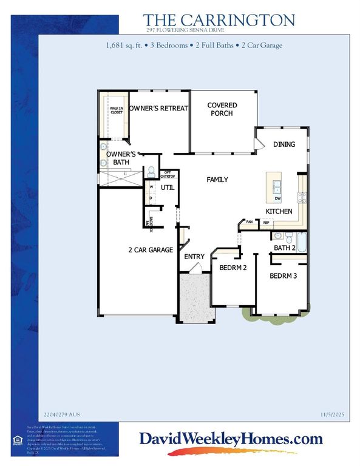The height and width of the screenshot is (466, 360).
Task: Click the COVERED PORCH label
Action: pos(222,109)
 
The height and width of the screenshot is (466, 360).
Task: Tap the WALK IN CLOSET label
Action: pos(116,110)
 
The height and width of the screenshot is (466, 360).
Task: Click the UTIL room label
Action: pos(167,187)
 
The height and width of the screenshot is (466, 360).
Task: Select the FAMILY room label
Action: pos(217,180)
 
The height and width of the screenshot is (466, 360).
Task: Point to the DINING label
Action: pos(284,144)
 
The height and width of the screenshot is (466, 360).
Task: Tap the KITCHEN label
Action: pos(279,211)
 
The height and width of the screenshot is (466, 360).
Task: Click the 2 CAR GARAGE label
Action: pos(151,249)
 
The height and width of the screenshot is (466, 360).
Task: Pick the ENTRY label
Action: pos(194,257)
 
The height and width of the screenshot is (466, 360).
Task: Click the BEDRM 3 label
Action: pos(282,276)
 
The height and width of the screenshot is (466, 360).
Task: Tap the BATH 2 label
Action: pos(284,248)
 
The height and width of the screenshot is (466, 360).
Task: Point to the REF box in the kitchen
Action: pos(266,223)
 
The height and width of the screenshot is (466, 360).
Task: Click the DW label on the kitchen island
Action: pos(277,198)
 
